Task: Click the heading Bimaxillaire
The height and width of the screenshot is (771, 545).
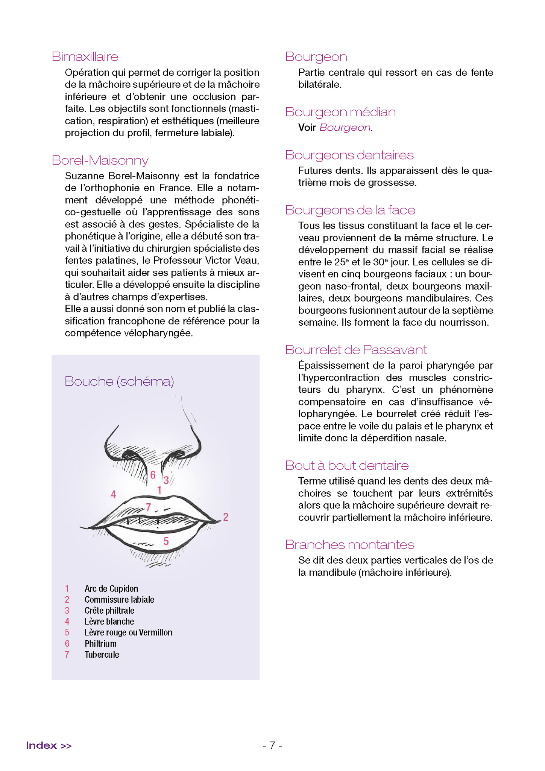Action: [85, 57]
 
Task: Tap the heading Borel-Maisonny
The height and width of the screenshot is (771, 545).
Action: [100, 160]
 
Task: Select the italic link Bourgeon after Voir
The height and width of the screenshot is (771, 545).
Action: [345, 128]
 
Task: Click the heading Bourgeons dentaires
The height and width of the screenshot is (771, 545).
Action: [349, 155]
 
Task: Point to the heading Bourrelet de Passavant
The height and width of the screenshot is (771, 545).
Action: [356, 350]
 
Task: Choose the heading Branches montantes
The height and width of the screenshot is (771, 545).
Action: [349, 545]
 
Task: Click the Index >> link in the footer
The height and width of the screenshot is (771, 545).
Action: [49, 745]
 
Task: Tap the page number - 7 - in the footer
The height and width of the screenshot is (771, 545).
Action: [272, 745]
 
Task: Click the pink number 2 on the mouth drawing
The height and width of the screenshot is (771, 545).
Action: [226, 517]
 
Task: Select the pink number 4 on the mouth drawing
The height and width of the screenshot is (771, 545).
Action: [113, 495]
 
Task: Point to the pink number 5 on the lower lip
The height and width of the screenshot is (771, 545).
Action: [166, 541]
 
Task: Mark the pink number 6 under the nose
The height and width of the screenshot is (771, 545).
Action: [153, 475]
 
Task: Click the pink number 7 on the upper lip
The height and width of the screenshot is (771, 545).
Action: [148, 507]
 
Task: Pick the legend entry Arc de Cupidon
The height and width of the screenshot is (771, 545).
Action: [111, 589]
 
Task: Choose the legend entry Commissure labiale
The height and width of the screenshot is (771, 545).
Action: [119, 600]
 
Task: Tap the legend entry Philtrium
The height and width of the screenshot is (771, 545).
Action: [100, 644]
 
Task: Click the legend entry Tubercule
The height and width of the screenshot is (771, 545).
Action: [102, 655]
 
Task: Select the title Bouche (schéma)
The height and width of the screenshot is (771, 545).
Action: [119, 381]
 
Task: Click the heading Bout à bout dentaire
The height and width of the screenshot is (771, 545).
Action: [346, 466]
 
